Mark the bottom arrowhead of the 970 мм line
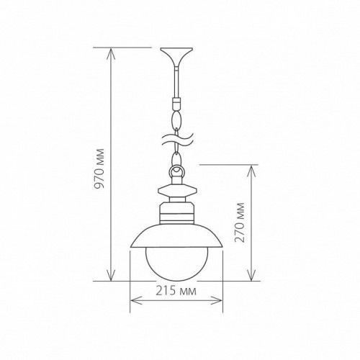pyautogui.click(x=112, y=277)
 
